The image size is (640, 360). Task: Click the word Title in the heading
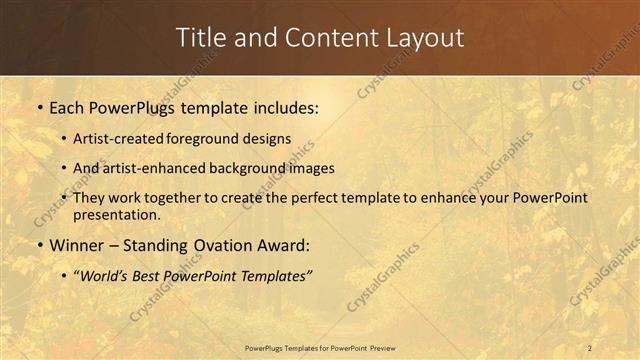coord(201,38)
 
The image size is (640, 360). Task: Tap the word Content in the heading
coord(321,38)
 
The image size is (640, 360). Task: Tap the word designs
coord(270,138)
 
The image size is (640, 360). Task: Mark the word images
coord(314,168)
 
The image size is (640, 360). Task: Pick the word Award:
coord(288,244)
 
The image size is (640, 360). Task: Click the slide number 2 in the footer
coord(589,348)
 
